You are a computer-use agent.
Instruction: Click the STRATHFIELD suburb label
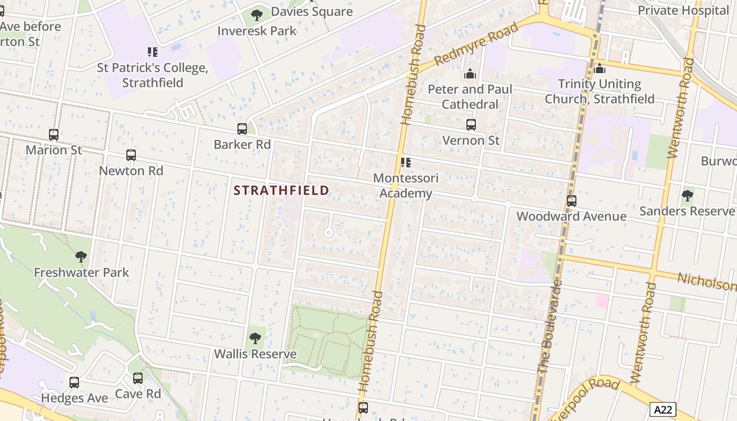pos(282,190)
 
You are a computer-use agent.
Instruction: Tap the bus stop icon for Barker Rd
pos(242,129)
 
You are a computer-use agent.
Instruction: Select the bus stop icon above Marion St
pos(54,135)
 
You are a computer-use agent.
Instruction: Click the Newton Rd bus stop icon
pos(131,155)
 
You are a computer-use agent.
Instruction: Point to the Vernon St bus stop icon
pos(471,125)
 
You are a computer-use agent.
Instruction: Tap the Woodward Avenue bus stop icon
pos(572,201)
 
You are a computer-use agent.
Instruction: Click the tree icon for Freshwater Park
pos(81,257)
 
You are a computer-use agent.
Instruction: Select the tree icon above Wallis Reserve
pos(255,338)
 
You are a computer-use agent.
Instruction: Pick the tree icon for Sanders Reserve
pos(687,196)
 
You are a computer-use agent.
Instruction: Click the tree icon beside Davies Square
pos(257,15)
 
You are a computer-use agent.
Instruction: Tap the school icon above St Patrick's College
pos(153,52)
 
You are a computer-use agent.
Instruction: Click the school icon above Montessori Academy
pos(405,163)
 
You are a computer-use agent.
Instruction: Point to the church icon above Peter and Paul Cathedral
pos(470,74)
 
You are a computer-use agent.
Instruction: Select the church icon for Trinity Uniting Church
pos(600,69)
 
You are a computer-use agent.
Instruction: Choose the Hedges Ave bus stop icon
pos(74,383)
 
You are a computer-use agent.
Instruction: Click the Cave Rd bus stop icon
pos(138,378)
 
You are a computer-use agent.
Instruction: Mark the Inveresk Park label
pos(257,31)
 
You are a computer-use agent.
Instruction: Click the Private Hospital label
pos(683,10)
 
